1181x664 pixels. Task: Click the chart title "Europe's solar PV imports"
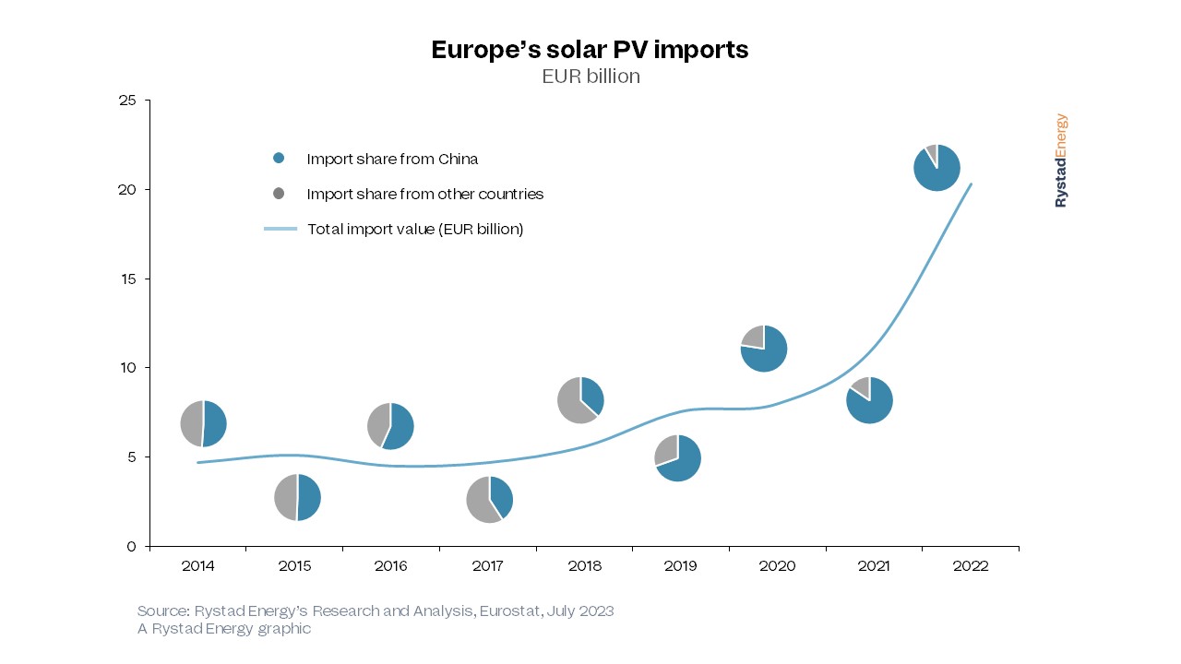coord(590,50)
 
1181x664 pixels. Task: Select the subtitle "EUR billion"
coord(590,77)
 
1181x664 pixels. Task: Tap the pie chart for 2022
coord(936,168)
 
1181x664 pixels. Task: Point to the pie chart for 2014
coord(203,424)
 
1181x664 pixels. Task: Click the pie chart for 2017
coord(489,499)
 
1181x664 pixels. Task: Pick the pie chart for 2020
coord(763,349)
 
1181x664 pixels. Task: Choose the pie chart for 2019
coord(677,457)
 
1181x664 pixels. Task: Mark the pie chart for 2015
coord(297,497)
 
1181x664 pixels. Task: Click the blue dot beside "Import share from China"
coord(279,159)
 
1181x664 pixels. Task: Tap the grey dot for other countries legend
coord(279,194)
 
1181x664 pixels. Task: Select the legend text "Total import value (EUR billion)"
coord(415,229)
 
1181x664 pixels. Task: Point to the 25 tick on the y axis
coord(127,101)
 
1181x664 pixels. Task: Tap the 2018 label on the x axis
coord(583,566)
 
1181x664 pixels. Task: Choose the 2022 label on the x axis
coord(970,566)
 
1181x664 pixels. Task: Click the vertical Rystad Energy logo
coord(1061,160)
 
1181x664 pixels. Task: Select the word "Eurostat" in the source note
coord(511,611)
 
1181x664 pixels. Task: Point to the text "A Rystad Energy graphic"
coord(224,629)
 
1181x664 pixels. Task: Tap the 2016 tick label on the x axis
coord(390,566)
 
